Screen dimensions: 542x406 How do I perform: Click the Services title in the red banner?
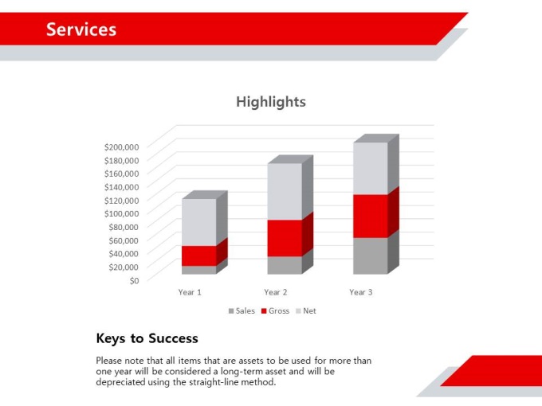point(81,29)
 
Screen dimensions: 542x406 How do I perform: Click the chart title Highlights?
point(271,102)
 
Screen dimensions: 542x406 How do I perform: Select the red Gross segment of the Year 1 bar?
point(199,256)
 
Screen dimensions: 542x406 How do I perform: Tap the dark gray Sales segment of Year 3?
point(371,256)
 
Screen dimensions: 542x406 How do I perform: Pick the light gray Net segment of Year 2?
point(285,191)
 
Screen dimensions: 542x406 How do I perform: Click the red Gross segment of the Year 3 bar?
point(371,216)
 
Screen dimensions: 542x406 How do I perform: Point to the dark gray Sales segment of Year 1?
point(199,270)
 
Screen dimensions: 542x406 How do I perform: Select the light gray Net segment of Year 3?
point(371,169)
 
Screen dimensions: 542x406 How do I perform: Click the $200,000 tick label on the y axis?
point(122,147)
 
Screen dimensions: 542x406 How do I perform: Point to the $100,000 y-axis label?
point(122,213)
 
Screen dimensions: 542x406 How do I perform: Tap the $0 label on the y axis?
point(134,281)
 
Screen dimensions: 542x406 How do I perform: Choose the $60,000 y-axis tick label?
point(124,240)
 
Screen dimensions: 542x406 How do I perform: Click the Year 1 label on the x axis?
point(190,292)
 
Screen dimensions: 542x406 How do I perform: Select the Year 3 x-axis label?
point(361,292)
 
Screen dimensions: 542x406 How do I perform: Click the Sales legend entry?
point(242,311)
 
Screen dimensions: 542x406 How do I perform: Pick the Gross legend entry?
point(275,311)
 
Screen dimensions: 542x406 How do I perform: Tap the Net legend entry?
point(306,311)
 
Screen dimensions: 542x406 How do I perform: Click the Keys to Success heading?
point(147,338)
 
